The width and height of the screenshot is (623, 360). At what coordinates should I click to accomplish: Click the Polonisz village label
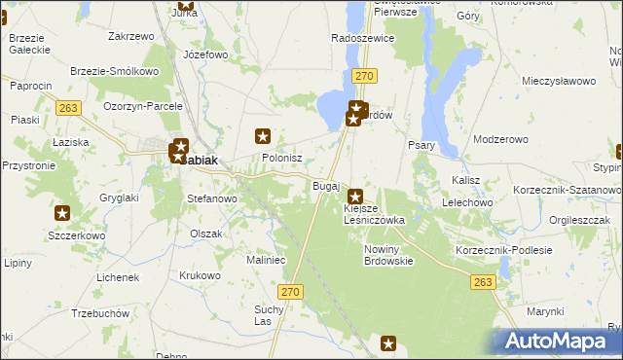[x=282, y=158]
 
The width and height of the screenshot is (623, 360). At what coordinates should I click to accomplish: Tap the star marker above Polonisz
[x=262, y=136]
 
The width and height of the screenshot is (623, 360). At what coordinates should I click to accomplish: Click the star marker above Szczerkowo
[x=62, y=213]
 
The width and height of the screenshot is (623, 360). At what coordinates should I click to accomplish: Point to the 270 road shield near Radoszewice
[x=364, y=75]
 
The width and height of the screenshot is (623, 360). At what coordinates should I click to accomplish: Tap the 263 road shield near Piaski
[x=67, y=108]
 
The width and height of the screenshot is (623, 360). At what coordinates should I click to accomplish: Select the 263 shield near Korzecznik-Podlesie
[x=483, y=282]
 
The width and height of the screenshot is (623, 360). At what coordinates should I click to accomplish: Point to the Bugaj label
[x=325, y=185]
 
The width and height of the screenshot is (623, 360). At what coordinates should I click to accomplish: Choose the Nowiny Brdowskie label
[x=388, y=255]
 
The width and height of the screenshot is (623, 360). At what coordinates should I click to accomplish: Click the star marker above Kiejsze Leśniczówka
[x=356, y=196]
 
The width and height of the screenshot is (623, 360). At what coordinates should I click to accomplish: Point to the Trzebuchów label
[x=101, y=313]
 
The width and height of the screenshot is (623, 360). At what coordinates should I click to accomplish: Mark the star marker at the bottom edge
[x=388, y=342]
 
